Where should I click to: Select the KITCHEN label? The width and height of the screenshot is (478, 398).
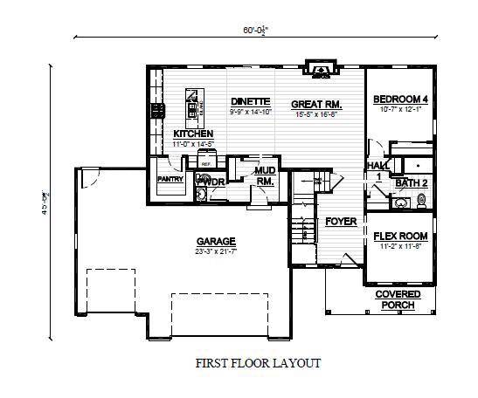193,133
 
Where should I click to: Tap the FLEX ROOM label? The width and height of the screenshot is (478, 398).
400,237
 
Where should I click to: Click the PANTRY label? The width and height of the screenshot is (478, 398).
169,180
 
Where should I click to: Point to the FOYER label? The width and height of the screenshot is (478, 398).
341,222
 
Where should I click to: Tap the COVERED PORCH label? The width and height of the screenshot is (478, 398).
398,299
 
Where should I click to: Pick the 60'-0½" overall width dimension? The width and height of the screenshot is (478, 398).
255,29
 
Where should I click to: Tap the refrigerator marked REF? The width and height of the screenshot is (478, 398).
206,162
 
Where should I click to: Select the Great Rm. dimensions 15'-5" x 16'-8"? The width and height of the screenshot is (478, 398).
316,113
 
